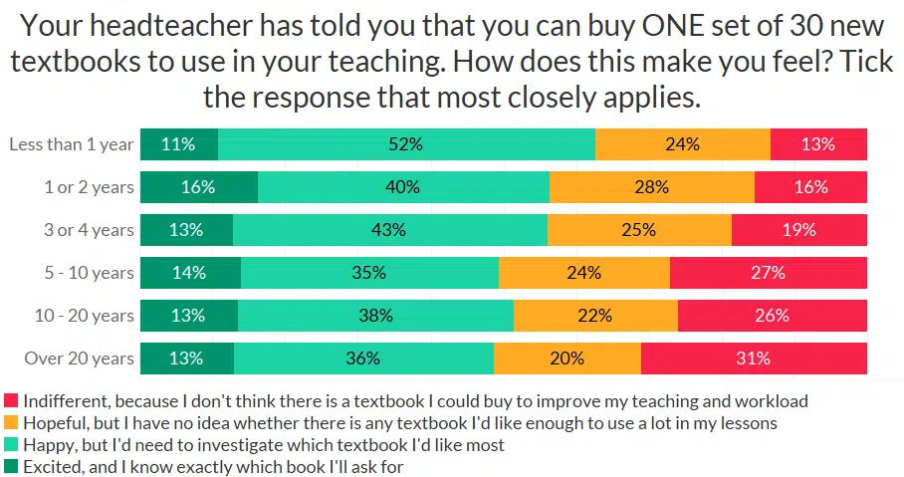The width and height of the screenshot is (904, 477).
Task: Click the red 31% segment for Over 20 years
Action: (x=754, y=358)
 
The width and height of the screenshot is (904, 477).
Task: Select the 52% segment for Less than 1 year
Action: (x=406, y=144)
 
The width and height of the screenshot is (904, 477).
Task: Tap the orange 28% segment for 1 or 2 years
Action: (x=652, y=187)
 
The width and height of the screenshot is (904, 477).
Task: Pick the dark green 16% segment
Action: (x=199, y=187)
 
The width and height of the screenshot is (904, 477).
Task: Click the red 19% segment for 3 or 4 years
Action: (x=799, y=230)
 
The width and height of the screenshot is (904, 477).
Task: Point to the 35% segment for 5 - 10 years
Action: (x=369, y=273)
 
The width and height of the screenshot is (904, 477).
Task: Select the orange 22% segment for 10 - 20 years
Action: (x=595, y=316)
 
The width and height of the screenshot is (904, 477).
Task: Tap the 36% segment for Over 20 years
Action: (x=363, y=358)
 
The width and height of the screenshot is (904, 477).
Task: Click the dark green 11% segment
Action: (x=179, y=144)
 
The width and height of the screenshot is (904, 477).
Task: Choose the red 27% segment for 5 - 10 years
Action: (x=769, y=273)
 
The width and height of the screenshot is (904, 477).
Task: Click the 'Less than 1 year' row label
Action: (x=71, y=144)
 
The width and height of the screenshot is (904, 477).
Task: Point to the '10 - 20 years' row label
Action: (x=84, y=316)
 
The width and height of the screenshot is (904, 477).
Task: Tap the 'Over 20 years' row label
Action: (x=80, y=358)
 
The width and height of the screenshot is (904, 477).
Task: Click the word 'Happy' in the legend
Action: (x=48, y=445)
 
